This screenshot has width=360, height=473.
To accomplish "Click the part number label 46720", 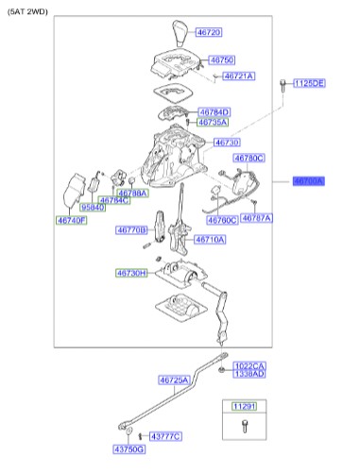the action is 208,33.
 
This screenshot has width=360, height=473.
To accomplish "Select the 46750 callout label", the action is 221,59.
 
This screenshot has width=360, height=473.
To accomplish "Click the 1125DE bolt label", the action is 309,84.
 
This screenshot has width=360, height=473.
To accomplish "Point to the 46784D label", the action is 214,112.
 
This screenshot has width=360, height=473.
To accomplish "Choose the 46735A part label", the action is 213,123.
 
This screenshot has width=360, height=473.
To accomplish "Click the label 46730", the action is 227,143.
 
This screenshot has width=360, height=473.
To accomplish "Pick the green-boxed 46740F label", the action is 70,220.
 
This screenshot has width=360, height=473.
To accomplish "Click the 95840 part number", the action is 92,207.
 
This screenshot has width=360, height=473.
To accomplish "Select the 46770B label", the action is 131,229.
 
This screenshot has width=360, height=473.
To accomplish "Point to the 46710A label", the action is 210,240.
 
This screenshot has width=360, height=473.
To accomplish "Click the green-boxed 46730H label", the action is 131,273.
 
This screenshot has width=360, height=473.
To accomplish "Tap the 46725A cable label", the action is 175,380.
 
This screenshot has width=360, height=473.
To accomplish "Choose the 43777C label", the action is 164,435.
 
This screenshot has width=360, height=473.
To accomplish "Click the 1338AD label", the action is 249,374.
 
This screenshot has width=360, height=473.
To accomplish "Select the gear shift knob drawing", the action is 180,37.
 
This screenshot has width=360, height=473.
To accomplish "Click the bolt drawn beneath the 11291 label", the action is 244,428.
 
